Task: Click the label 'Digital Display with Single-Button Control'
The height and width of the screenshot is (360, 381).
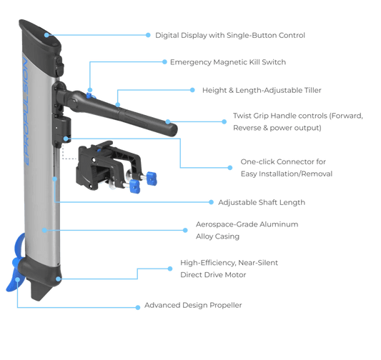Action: coord(230,34)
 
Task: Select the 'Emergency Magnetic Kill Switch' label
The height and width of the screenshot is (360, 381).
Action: coord(228,63)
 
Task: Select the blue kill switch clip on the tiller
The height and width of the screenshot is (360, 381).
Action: coord(90,92)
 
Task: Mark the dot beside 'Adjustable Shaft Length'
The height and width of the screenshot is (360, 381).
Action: coord(211,202)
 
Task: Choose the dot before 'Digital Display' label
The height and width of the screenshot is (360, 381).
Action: coord(148,34)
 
